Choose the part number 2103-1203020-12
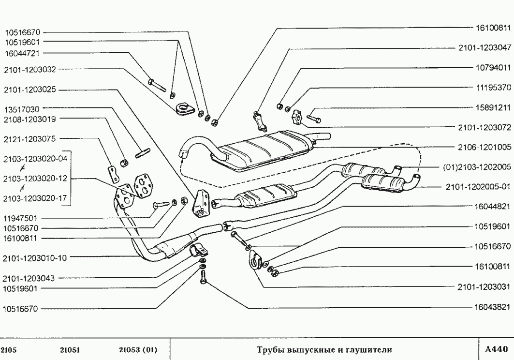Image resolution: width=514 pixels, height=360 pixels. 34,179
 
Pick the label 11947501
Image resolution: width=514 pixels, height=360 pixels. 23,218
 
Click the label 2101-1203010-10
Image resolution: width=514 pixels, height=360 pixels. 34,257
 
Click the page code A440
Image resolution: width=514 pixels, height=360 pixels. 496,348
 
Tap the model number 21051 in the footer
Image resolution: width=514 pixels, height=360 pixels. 70,349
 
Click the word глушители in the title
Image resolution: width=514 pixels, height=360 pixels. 368,349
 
